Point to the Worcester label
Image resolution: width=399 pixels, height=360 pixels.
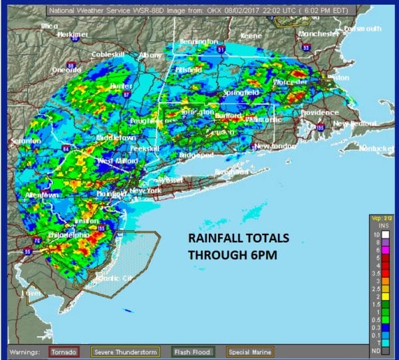point(291,81)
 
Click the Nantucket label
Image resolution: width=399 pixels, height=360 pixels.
point(376,149)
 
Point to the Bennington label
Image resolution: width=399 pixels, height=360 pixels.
point(198,42)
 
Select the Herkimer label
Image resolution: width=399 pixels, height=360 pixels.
point(73,34)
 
